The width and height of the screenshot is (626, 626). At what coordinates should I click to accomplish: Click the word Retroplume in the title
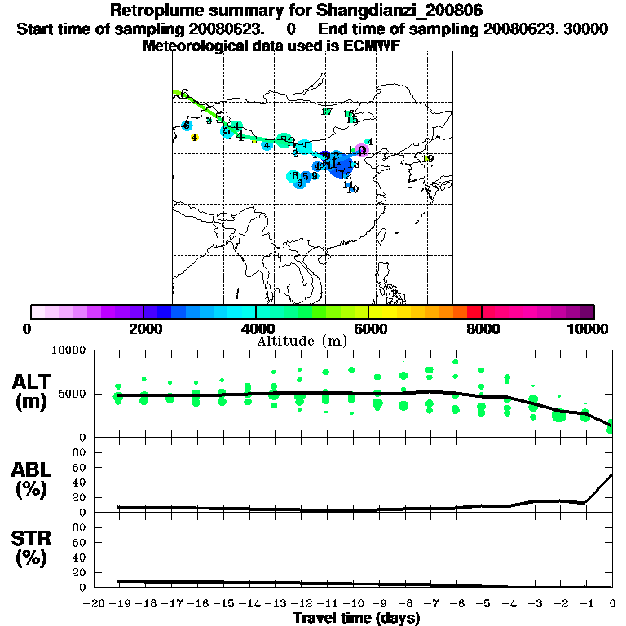pyautogui.click(x=152, y=11)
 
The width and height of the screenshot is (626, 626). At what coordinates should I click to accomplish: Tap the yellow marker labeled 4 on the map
pyautogui.click(x=194, y=137)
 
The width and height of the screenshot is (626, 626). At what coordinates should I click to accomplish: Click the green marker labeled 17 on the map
pyautogui.click(x=327, y=112)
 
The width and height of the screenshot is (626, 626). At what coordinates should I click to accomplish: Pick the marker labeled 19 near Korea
pyautogui.click(x=428, y=158)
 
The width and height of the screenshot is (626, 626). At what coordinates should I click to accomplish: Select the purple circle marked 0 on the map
pyautogui.click(x=362, y=150)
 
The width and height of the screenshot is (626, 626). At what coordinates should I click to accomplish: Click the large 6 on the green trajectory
pyautogui.click(x=184, y=95)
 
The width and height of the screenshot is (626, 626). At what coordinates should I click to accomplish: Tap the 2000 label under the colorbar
pyautogui.click(x=143, y=328)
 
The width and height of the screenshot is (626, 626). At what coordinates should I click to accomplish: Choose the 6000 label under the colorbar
pyautogui.click(x=368, y=328)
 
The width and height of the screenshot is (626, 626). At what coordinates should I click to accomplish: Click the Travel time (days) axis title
pyautogui.click(x=356, y=618)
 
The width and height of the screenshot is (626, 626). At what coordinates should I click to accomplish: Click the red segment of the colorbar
pyautogui.click(x=474, y=311)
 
